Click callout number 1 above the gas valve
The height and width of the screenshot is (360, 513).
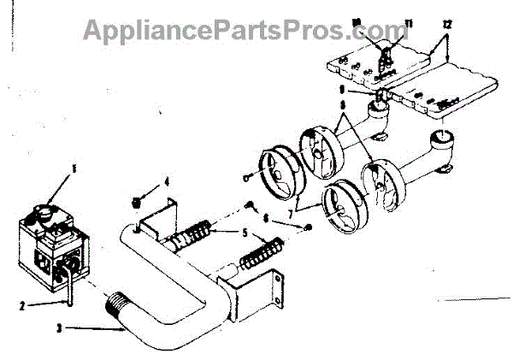pos(72,168)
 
